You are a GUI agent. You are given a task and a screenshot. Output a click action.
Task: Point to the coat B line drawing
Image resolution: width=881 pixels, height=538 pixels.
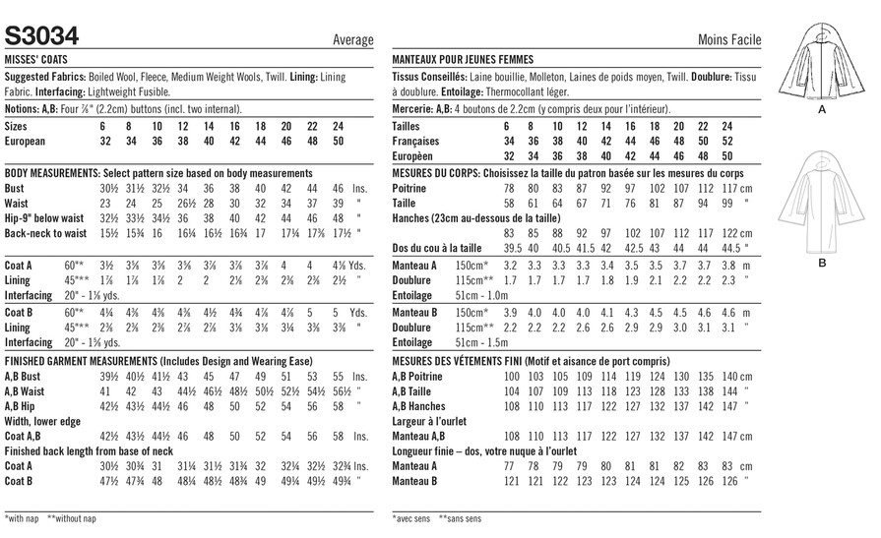[822, 202]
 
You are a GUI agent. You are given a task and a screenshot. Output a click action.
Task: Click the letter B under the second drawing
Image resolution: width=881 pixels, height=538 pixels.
[822, 264]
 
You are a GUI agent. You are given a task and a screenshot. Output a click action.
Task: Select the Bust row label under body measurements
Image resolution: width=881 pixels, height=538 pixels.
[17, 187]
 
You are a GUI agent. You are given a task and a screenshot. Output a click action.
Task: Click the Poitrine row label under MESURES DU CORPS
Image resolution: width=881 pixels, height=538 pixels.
[410, 187]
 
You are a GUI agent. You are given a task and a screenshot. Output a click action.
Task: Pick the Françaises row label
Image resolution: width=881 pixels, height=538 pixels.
[415, 142]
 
